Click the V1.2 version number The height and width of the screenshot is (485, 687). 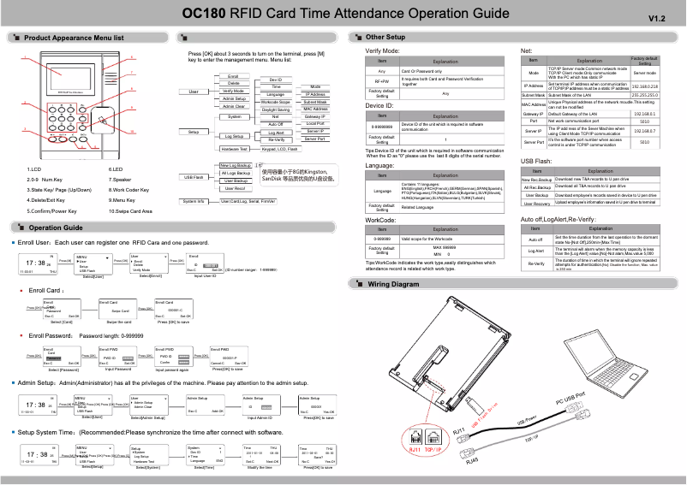657,18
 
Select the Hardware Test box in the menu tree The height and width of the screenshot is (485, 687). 232,148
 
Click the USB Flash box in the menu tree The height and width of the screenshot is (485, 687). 194,176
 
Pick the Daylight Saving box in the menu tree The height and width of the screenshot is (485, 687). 276,109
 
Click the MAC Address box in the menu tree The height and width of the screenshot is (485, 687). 315,109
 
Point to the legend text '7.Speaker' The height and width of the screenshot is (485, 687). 121,180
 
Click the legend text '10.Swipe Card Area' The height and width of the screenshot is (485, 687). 131,210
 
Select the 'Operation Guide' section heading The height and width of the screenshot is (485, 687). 55,228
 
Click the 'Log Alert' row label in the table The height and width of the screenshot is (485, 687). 536,251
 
